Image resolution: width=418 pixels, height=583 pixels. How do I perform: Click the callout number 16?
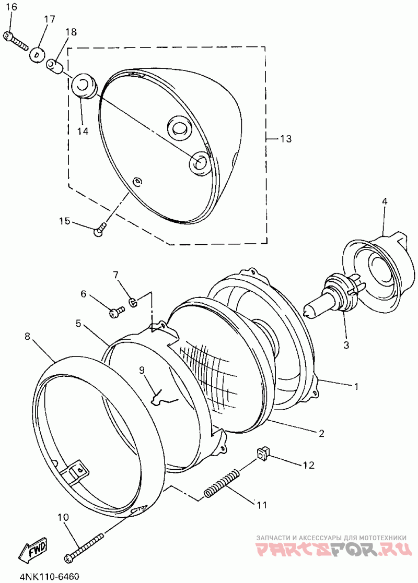pos(10,7)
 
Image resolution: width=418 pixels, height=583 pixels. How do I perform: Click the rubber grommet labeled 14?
pos(85,85)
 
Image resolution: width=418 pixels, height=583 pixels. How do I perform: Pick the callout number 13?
pos(285,139)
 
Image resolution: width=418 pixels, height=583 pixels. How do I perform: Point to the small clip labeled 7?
pos(133,301)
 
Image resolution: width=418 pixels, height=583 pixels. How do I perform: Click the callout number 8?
pos(28,337)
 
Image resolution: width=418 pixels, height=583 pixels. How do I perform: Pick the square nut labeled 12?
pos(264,453)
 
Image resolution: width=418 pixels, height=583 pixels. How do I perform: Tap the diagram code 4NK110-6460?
pos(49,577)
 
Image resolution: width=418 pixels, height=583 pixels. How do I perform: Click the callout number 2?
pos(321,433)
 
